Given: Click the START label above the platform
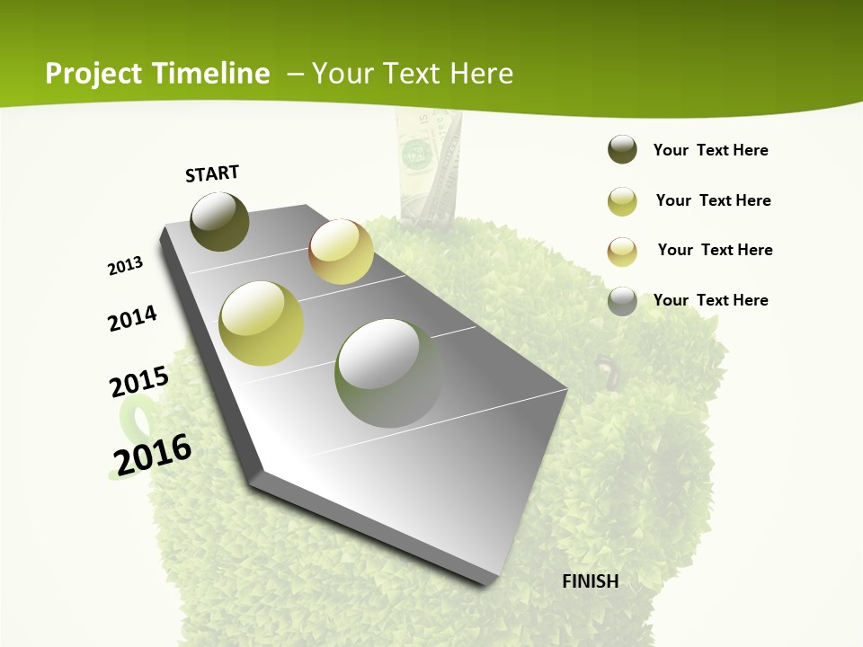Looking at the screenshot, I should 212,173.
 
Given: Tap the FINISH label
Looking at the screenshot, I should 591,581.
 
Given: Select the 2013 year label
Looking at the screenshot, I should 126,265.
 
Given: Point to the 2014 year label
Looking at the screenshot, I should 133,318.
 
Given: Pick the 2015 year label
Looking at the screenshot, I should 139,381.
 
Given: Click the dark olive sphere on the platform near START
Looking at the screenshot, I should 219,221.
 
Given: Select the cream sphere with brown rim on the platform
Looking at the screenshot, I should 341,252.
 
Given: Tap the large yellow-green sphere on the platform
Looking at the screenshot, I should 261,323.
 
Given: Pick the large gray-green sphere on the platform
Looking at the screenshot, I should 389,373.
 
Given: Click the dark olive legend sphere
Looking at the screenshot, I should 622,150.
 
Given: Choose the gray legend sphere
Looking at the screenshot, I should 622,301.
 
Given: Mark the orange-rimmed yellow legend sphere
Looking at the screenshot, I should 622,252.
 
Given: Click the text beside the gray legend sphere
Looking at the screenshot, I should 710,300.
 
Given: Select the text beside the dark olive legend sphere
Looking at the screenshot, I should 710,150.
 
